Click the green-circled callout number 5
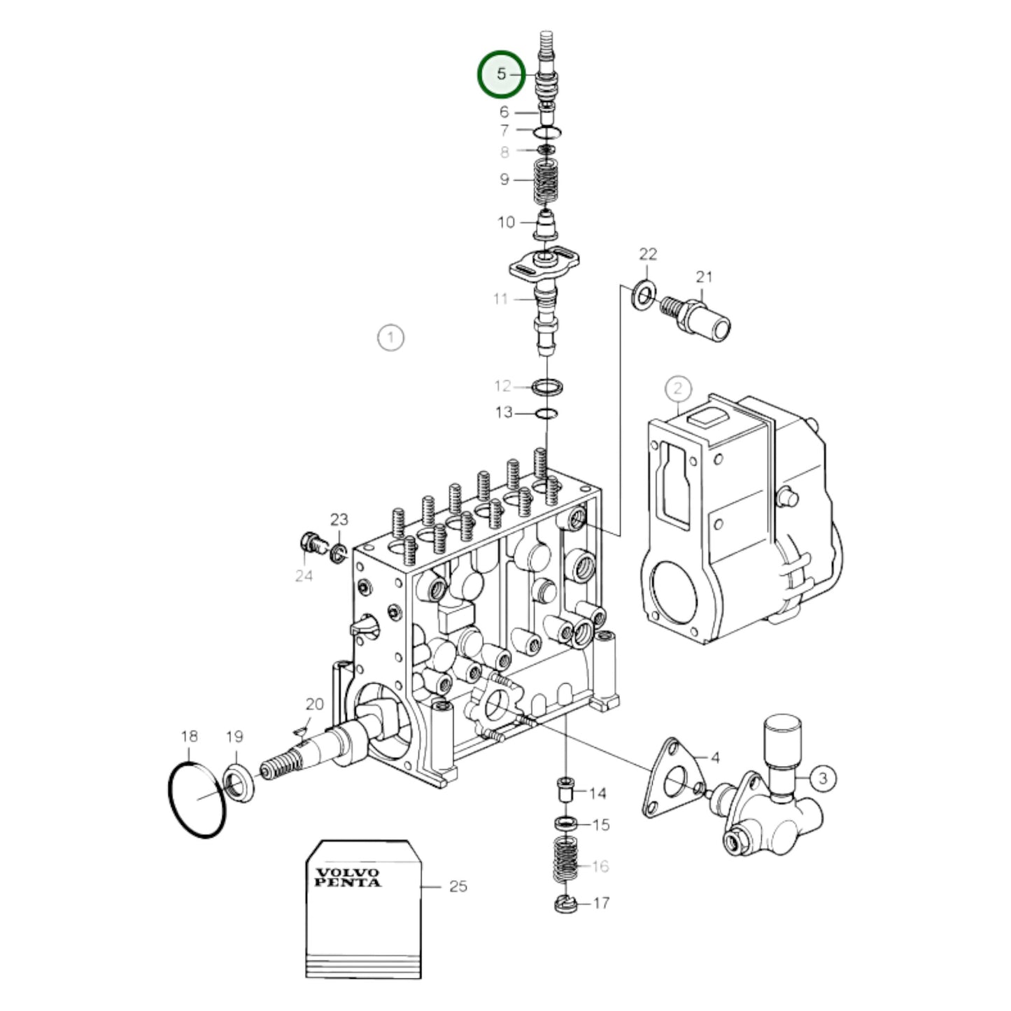coord(501,73)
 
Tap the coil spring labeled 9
coord(545,181)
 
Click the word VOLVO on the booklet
coord(348,872)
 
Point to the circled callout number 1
coord(390,338)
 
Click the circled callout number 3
coord(823,777)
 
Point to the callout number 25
coord(458,886)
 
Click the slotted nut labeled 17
coord(564,904)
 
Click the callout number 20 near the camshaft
coord(314,704)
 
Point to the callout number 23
coord(339,519)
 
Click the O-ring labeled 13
coord(545,413)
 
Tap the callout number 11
coord(500,299)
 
